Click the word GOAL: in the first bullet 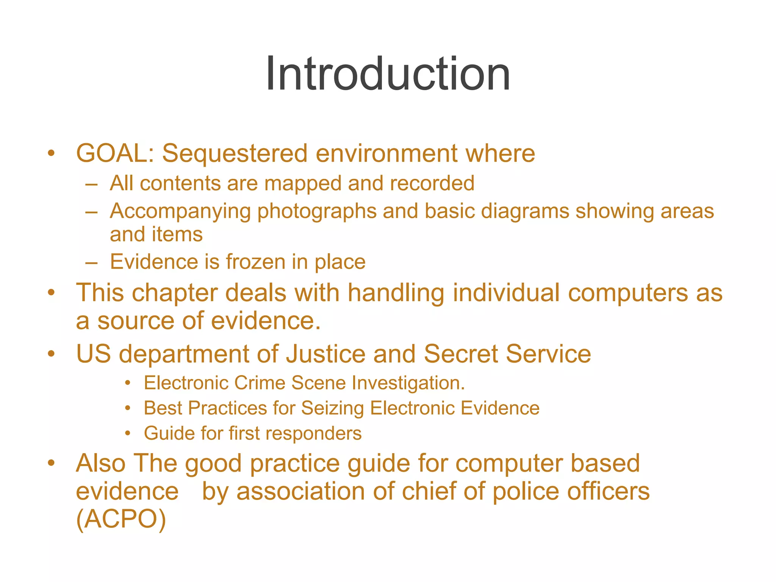(115, 153)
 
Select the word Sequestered (235, 153)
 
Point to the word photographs (317, 211)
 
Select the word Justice (325, 354)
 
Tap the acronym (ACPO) (121, 519)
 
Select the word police (526, 491)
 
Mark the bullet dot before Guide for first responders (128, 433)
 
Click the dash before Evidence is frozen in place (91, 262)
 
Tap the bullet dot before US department (51, 354)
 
